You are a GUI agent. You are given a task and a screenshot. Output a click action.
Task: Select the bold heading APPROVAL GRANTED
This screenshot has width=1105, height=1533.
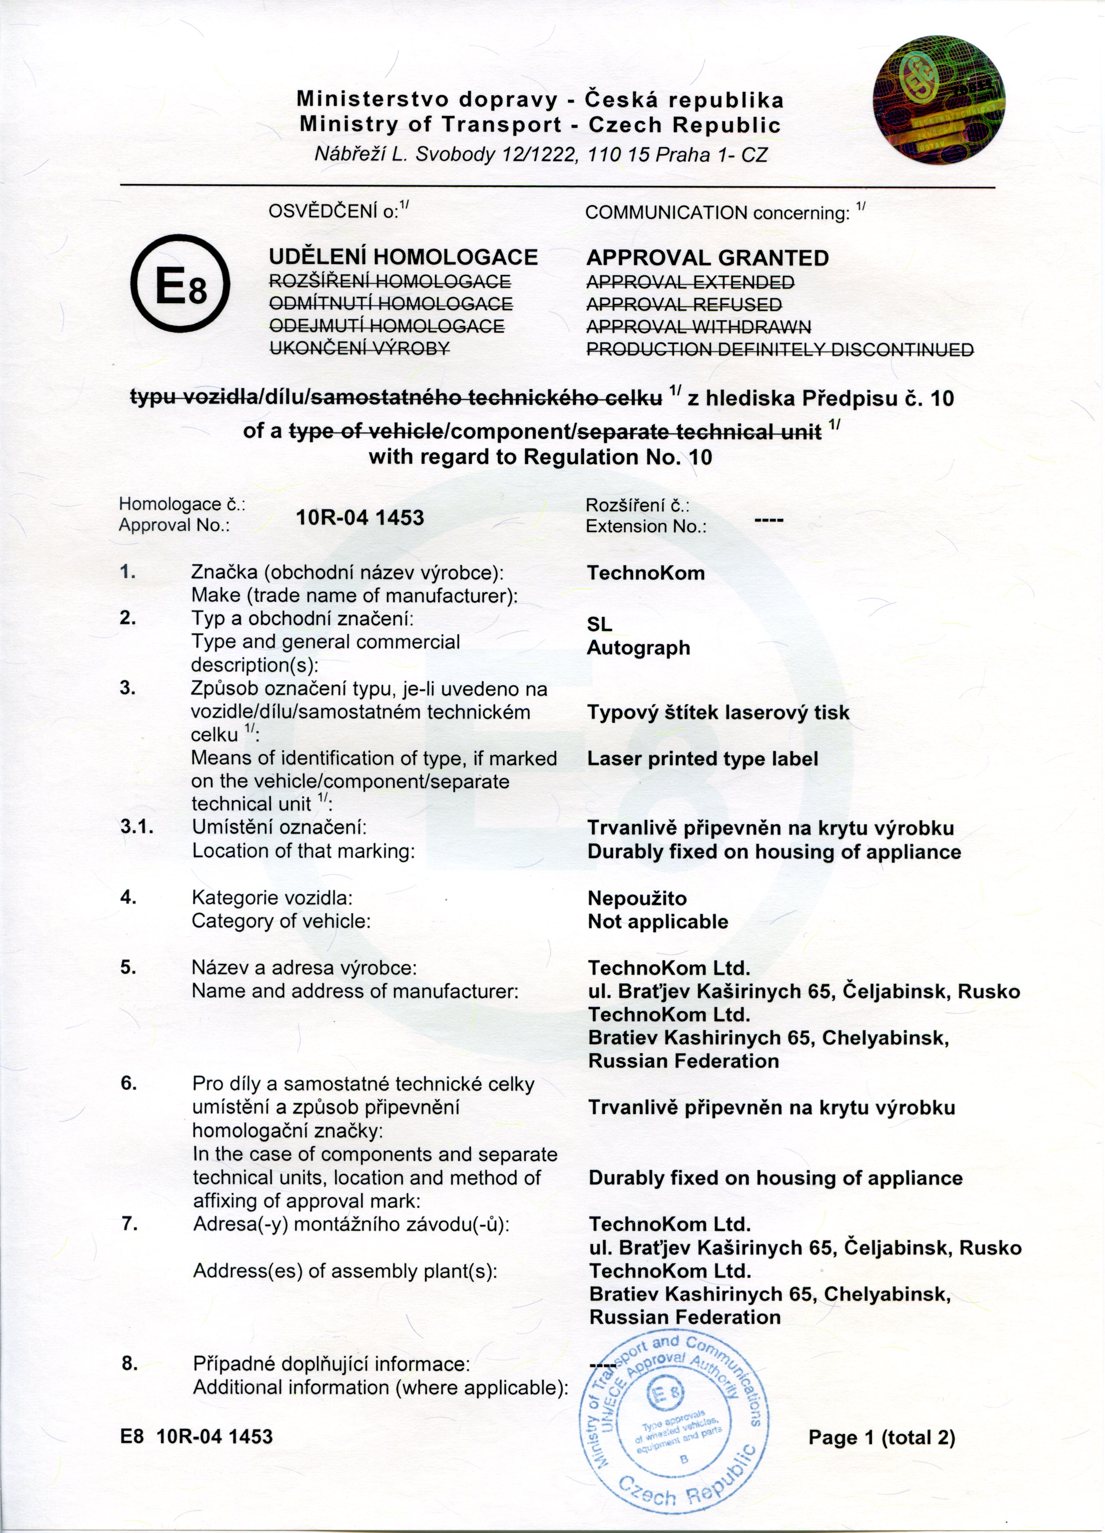706,258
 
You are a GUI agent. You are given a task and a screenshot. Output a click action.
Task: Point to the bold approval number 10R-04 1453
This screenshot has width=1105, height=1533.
359,518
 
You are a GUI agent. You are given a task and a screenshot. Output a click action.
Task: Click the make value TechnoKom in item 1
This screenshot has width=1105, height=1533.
646,573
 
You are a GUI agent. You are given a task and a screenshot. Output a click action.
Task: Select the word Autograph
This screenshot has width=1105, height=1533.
638,648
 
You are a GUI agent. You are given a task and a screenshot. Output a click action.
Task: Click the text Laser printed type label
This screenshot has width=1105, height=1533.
702,759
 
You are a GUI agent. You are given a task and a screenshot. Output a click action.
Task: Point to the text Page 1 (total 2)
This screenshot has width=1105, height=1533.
881,1438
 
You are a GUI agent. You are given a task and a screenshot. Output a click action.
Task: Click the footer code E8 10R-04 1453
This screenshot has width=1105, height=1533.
196,1437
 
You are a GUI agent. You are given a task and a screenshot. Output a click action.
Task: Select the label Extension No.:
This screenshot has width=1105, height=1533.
646,526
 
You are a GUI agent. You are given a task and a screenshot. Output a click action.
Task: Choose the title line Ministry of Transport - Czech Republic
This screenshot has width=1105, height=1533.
540,125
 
